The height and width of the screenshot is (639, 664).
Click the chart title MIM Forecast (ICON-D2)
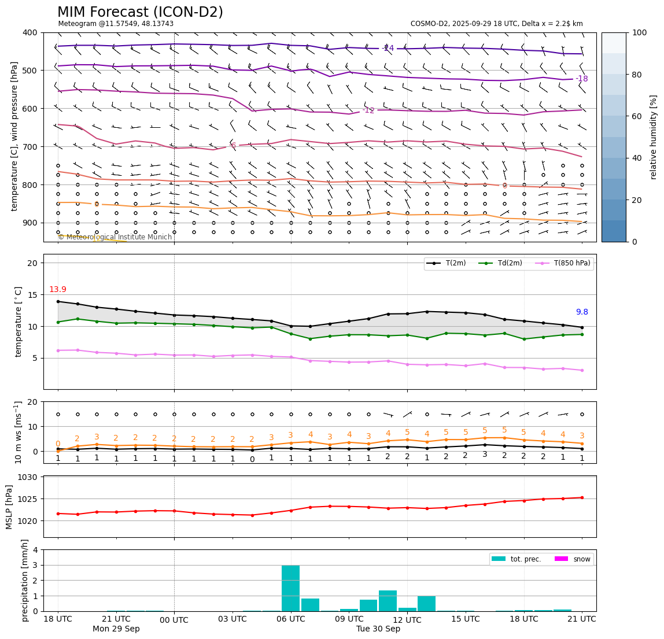click(x=140, y=12)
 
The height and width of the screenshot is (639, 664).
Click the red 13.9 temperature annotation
click(x=57, y=290)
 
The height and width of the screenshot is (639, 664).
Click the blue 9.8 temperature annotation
click(x=581, y=312)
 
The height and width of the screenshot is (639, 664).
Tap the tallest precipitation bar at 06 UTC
click(x=290, y=588)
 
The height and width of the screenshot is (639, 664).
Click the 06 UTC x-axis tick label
click(x=290, y=619)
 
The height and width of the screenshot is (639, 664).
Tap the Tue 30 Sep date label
click(x=378, y=629)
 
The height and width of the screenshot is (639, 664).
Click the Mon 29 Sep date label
click(x=116, y=629)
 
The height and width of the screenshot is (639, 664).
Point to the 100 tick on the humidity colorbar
click(x=639, y=32)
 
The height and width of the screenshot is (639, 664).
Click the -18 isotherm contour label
click(x=581, y=79)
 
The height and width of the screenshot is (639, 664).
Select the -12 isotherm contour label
click(x=368, y=110)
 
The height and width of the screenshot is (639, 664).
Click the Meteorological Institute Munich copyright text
click(x=115, y=237)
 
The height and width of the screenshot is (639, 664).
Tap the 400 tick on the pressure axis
click(x=31, y=32)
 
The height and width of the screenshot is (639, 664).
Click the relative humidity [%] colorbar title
click(x=654, y=137)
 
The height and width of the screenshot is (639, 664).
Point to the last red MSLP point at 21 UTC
click(x=582, y=497)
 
